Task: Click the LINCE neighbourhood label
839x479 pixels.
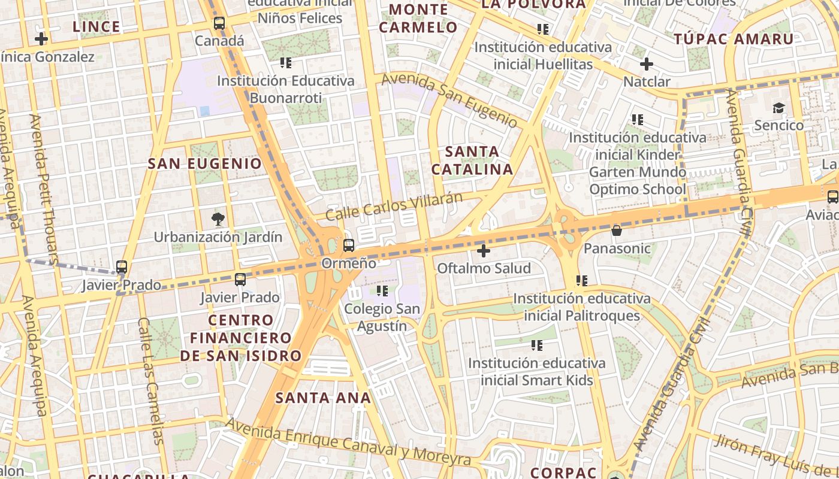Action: click(96, 27)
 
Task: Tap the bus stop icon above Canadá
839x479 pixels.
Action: click(219, 23)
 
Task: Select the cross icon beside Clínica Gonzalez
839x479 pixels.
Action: click(41, 40)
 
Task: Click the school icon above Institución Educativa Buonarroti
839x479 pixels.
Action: click(285, 62)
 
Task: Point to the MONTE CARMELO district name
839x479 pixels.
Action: click(418, 19)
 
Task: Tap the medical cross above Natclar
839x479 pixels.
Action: click(646, 64)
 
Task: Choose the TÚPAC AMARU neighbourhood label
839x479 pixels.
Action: click(734, 40)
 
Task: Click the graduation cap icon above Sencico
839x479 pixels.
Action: click(778, 108)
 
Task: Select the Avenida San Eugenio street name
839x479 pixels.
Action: click(449, 100)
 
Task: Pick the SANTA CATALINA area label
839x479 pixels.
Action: click(472, 160)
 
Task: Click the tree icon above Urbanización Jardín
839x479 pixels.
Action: click(218, 219)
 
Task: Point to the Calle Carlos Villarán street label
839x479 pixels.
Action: click(394, 206)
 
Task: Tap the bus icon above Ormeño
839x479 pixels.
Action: click(349, 245)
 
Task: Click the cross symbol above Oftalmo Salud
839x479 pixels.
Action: click(484, 250)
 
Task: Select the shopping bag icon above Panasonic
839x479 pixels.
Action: click(617, 231)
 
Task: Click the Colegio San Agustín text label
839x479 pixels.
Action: click(382, 318)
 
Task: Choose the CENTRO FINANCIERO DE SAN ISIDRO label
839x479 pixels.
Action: click(241, 338)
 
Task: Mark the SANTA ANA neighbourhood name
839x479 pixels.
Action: click(323, 398)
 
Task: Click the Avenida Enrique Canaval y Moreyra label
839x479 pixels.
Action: click(348, 442)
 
